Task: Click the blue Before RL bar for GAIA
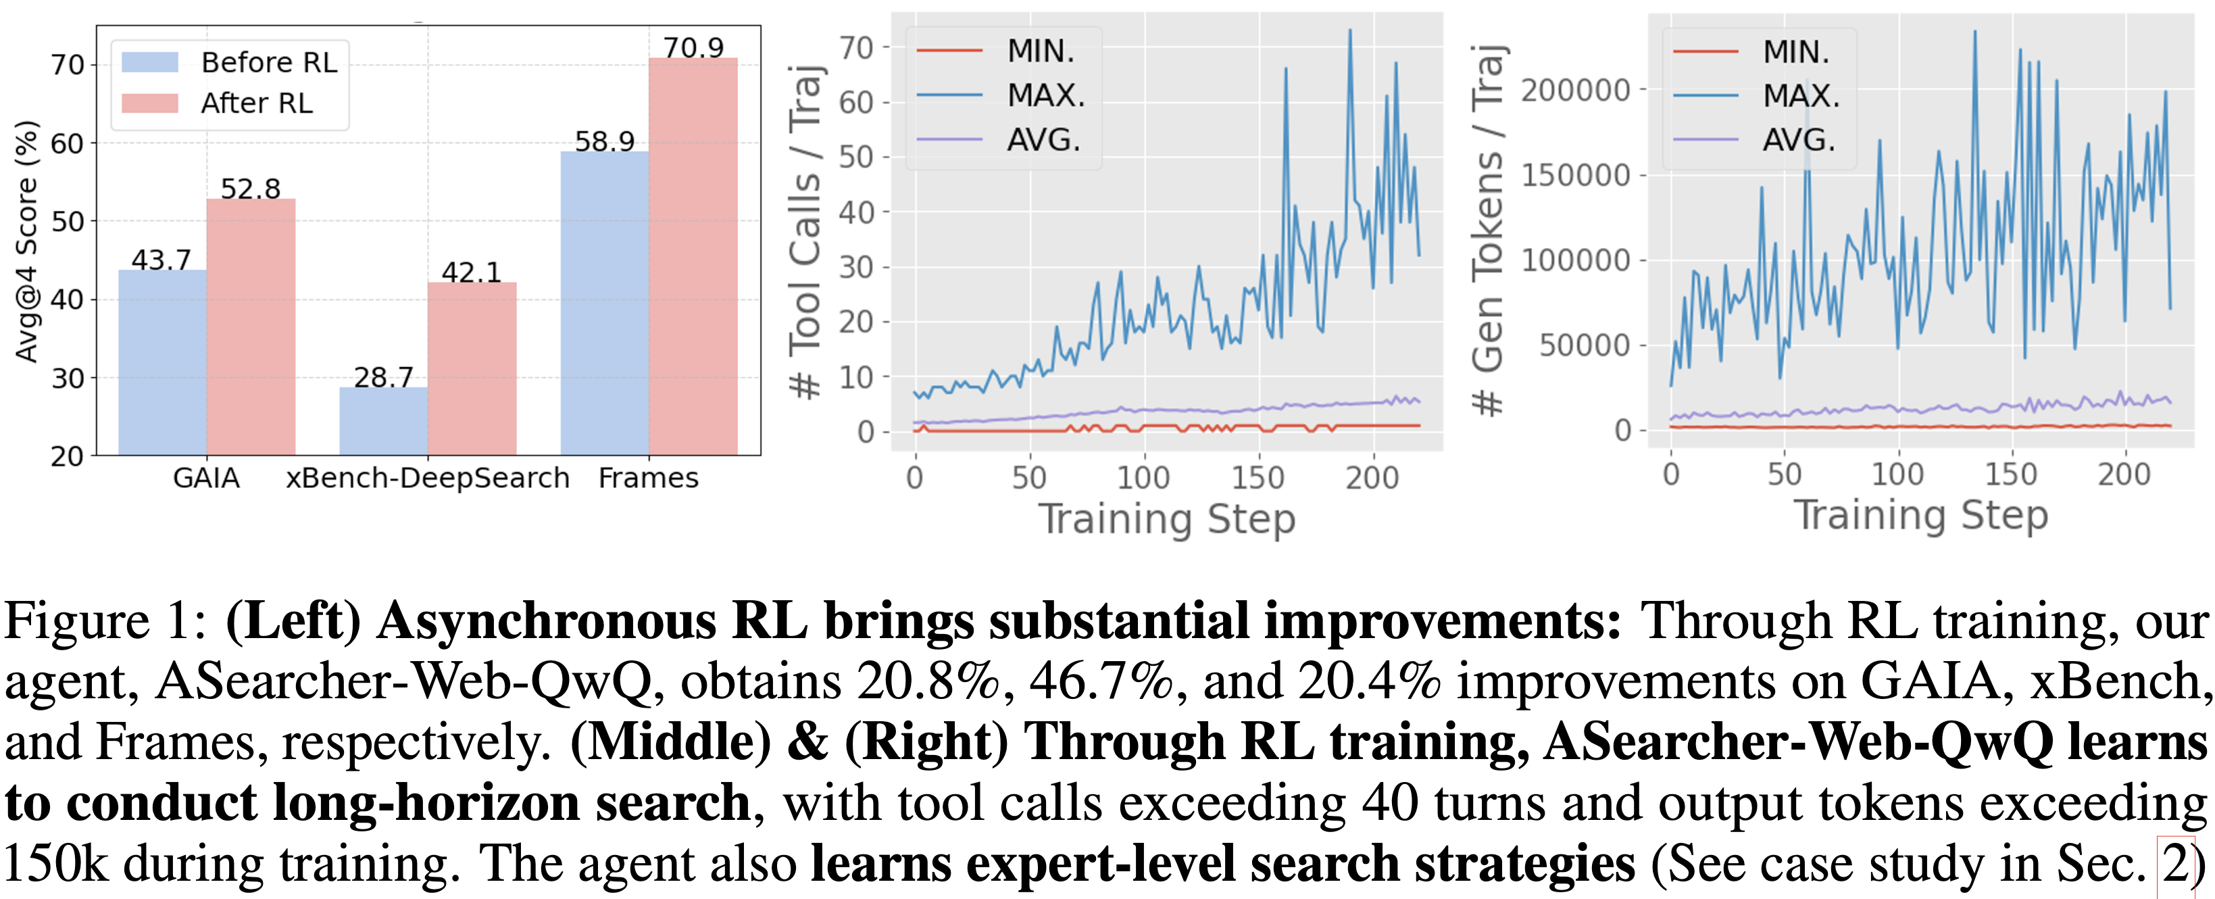click(x=161, y=362)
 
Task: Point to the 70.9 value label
click(x=693, y=47)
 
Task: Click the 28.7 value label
click(x=384, y=376)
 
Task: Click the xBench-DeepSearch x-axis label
click(x=427, y=477)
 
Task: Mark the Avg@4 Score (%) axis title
click(x=28, y=241)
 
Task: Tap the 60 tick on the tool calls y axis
click(x=855, y=102)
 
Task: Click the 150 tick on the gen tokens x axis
click(x=2010, y=474)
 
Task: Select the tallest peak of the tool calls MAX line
click(x=1350, y=32)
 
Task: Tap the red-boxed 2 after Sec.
click(x=2175, y=864)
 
